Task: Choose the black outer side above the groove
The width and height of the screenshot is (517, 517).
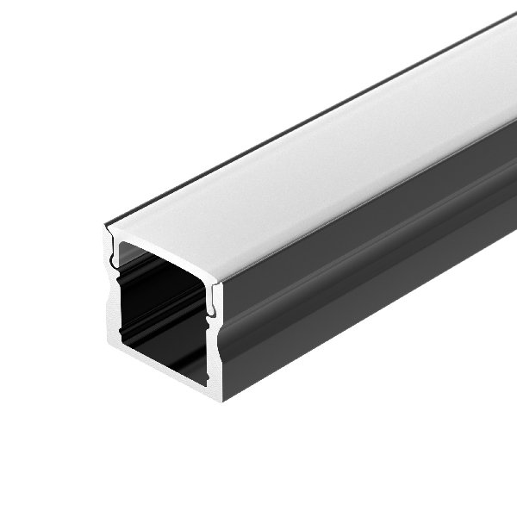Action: [362, 228]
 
